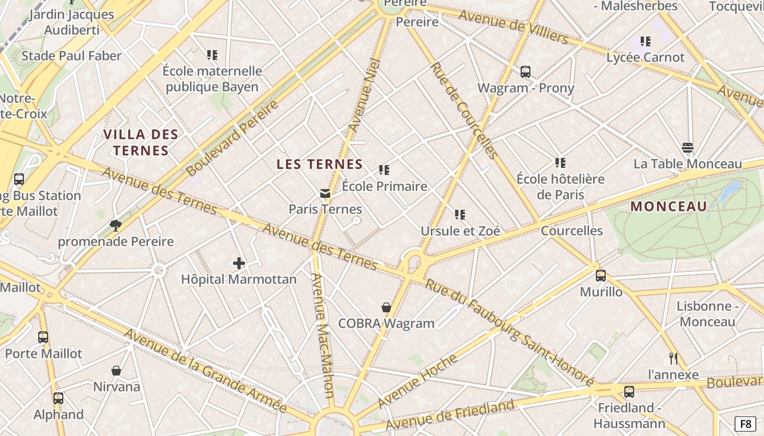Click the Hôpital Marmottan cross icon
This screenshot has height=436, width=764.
[x=239, y=264]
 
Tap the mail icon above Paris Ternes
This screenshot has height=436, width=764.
[x=325, y=193]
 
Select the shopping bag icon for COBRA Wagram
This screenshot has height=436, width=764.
[x=386, y=308]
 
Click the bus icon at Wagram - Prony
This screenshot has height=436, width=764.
[x=526, y=72]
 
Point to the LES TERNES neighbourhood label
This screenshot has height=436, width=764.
[x=320, y=164]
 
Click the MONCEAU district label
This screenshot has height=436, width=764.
[x=668, y=207]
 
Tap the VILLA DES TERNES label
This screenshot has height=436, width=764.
[x=141, y=143]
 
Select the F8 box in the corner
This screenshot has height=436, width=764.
[x=745, y=423]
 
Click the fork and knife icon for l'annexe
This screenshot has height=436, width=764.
[x=673, y=359]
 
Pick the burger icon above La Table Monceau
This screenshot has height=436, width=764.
[x=688, y=148]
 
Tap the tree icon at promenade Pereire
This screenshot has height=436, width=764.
[x=115, y=225]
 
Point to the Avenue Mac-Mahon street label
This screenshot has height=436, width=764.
[x=321, y=335]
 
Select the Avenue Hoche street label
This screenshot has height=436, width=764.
[x=417, y=381]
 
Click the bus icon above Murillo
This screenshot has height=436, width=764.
[x=601, y=276]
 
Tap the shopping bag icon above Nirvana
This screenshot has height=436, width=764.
[x=116, y=371]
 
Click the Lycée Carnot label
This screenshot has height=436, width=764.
[x=645, y=57]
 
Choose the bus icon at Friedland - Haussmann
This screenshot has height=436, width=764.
[x=629, y=392]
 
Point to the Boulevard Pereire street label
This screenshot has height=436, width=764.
[x=232, y=138]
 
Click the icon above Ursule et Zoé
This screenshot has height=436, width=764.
[x=460, y=215]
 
